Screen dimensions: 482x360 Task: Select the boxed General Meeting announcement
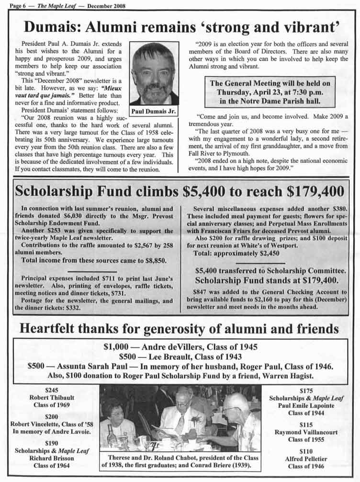(x=270, y=92)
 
